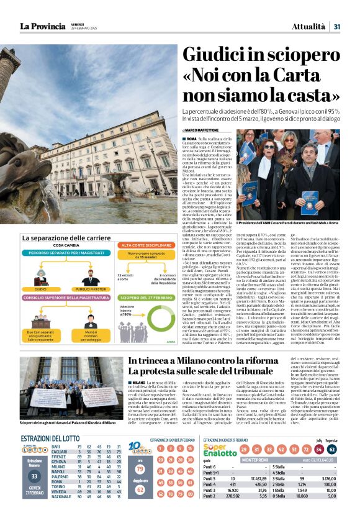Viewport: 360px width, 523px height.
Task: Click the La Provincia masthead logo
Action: click(x=42, y=26)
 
